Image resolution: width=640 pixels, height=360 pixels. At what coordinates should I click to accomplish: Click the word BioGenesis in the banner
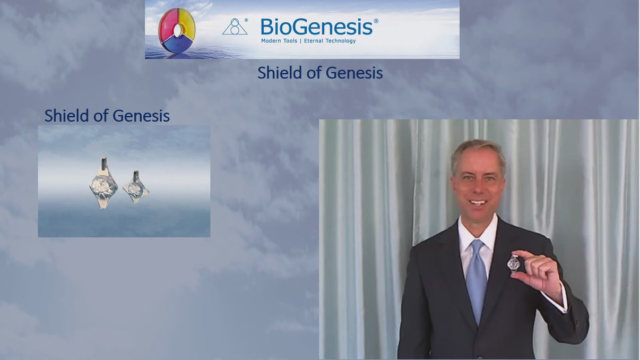(x=316, y=27)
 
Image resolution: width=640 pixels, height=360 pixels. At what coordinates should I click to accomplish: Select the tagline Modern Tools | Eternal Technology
(x=308, y=41)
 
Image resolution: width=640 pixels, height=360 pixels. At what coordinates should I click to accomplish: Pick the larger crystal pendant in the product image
(x=103, y=184)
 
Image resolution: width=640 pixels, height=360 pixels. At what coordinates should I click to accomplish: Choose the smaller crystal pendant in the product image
(x=135, y=187)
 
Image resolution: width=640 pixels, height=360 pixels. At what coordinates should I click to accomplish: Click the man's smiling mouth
(x=478, y=202)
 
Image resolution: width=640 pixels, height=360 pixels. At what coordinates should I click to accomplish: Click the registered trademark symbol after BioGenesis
(x=376, y=21)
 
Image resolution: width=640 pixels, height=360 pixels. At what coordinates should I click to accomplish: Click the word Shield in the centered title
(x=280, y=73)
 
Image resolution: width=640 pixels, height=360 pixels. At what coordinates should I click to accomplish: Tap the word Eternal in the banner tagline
(x=315, y=41)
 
